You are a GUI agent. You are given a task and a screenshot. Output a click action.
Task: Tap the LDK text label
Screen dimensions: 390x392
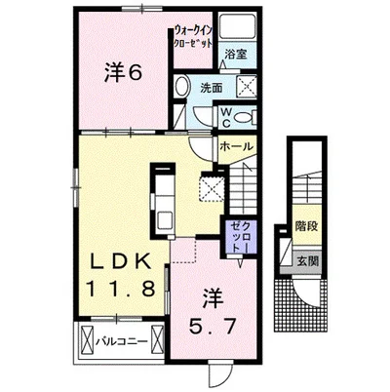point(121,261)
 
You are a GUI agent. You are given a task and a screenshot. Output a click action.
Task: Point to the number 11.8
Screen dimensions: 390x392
point(120,288)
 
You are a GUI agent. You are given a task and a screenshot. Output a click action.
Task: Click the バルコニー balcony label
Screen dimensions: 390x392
point(122,341)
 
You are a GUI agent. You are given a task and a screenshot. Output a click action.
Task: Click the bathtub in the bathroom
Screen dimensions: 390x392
point(238,26)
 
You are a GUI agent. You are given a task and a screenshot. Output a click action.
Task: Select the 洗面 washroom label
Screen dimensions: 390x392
point(211,88)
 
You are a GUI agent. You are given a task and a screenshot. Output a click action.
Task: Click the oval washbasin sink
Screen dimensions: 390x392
point(181,87)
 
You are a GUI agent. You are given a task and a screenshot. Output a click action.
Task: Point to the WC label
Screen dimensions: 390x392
point(226,118)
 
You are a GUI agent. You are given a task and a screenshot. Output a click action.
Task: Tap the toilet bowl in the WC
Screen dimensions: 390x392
point(244,118)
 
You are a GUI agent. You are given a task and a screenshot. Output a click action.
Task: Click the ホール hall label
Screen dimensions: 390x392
point(236,146)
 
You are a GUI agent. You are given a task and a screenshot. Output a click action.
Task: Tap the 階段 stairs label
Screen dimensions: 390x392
point(306,226)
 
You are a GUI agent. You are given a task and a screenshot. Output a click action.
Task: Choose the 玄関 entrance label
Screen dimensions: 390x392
point(307,261)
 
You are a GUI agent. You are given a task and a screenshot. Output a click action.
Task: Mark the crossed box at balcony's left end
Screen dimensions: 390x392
point(87,341)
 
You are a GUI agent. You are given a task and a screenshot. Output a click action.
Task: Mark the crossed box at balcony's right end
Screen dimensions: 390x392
point(157,340)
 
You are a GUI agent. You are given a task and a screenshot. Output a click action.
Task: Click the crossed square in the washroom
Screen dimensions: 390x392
point(246,86)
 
